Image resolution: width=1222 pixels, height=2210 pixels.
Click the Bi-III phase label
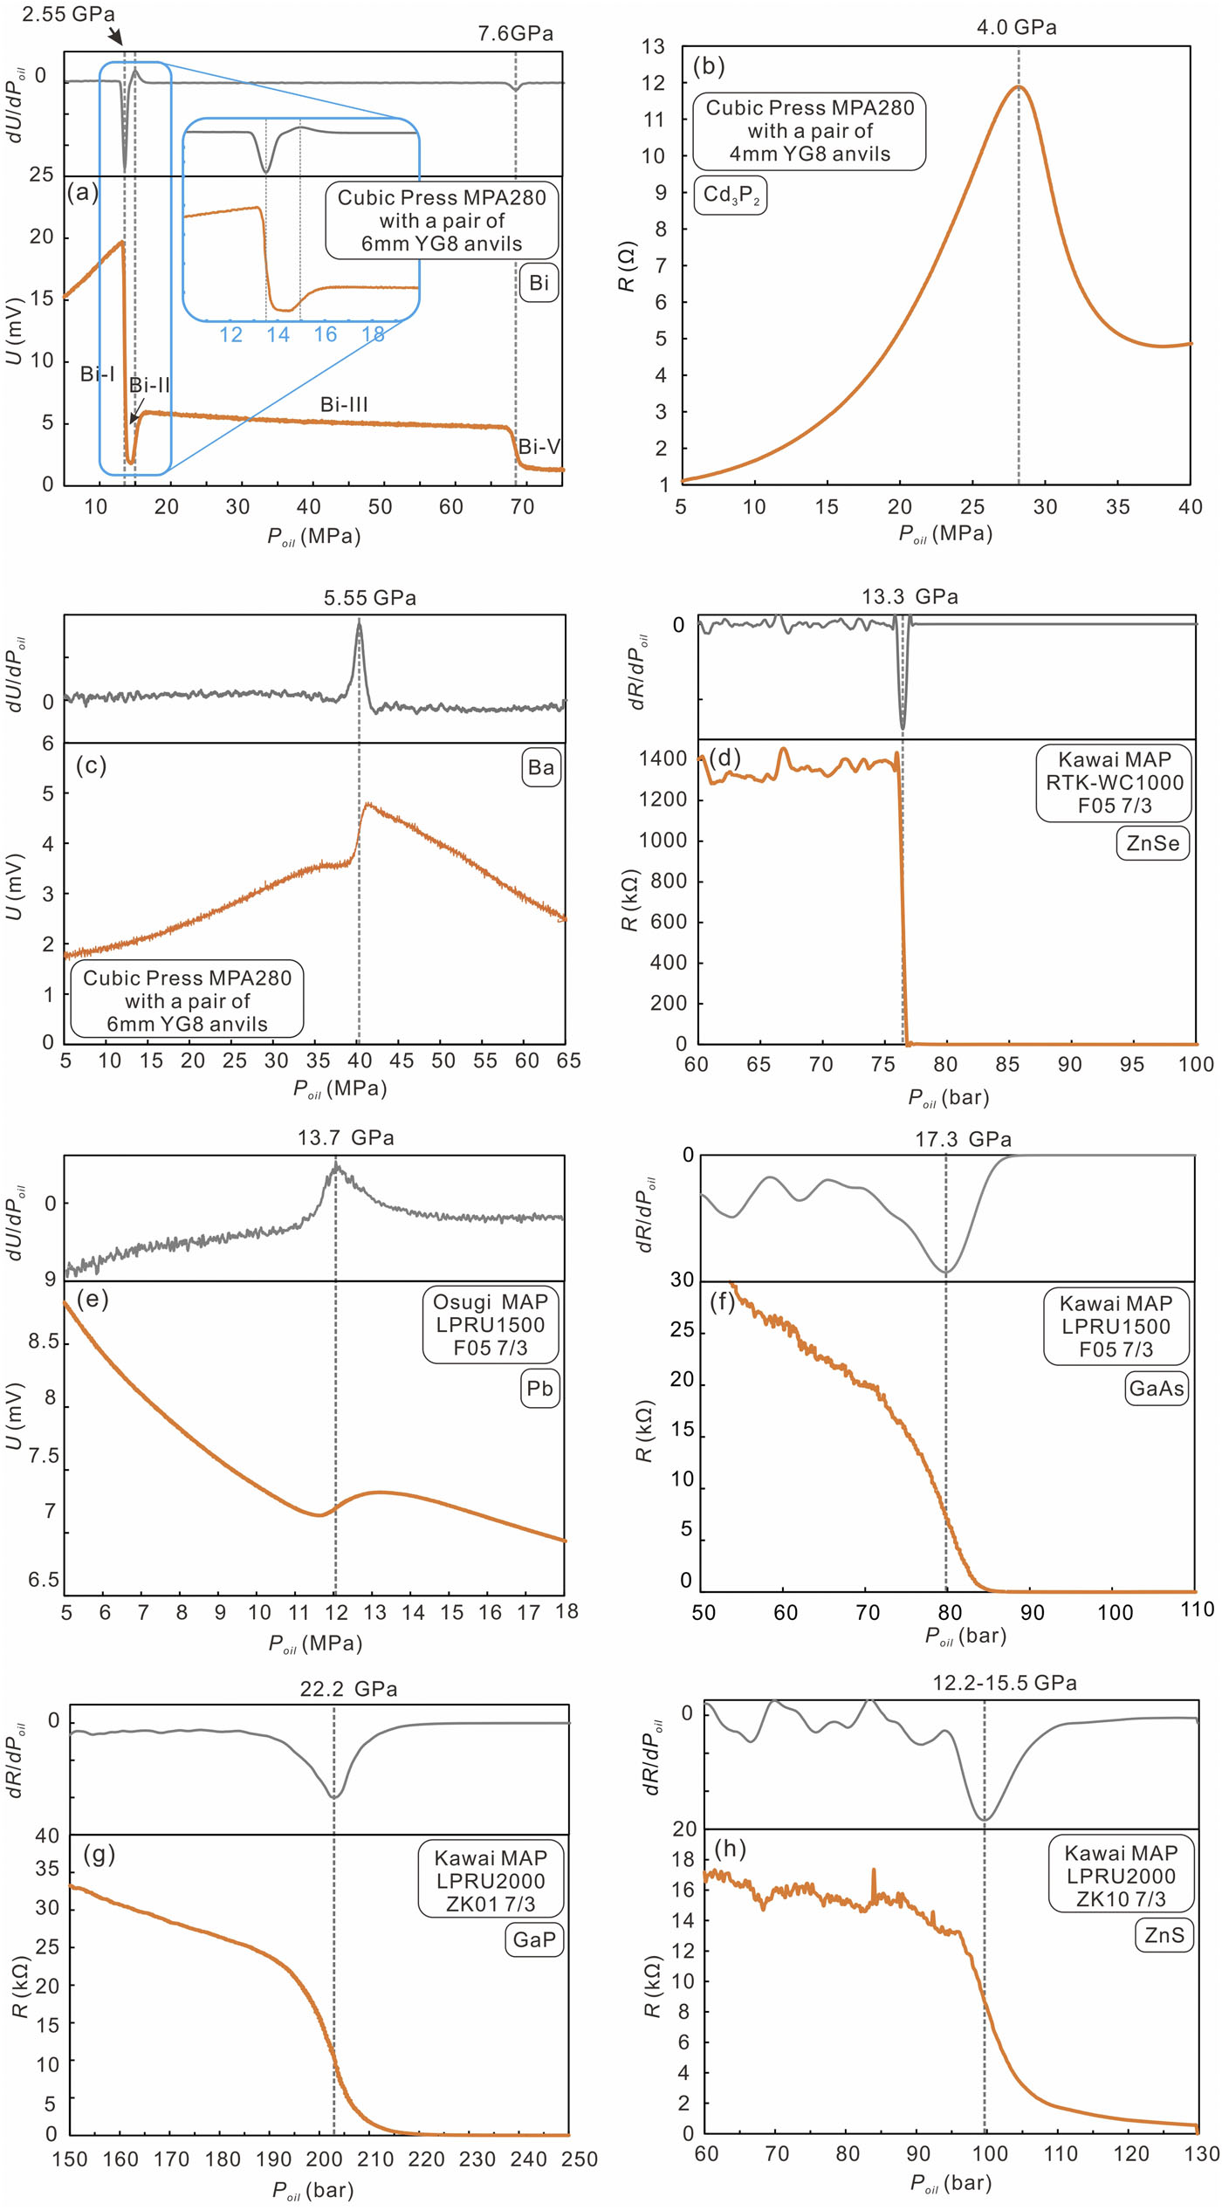(x=344, y=404)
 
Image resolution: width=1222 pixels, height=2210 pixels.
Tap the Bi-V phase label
(x=539, y=447)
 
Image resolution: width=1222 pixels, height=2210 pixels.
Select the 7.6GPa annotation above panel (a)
(x=515, y=33)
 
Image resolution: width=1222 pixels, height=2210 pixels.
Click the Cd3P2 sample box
(x=731, y=195)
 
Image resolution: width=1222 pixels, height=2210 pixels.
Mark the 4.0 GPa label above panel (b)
(x=1017, y=28)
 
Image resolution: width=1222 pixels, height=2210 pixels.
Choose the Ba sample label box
(x=540, y=767)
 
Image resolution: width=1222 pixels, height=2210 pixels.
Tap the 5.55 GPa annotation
(x=370, y=598)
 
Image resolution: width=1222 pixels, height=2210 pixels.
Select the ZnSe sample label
(x=1152, y=843)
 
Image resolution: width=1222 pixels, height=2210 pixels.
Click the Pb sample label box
(x=539, y=1388)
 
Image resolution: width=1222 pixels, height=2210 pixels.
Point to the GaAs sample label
(x=1157, y=1388)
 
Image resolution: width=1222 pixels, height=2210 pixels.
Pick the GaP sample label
(x=534, y=1939)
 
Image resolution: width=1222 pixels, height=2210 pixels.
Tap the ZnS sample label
(x=1164, y=1935)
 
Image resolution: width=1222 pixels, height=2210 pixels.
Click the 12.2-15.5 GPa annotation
(x=1005, y=1683)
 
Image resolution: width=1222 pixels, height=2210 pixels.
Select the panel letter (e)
(x=93, y=1300)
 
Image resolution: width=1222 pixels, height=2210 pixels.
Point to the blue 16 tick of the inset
(x=326, y=334)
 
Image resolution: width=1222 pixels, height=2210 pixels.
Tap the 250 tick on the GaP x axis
(x=580, y=2159)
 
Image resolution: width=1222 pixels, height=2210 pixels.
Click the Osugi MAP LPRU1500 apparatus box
(x=491, y=1325)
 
